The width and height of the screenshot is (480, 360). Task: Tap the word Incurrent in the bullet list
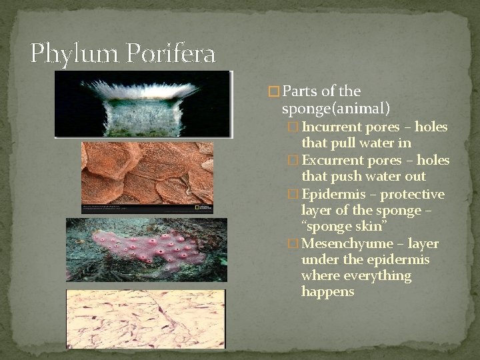point(329,127)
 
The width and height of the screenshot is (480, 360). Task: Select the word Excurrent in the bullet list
point(330,161)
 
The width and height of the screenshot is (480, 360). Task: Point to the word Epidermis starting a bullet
point(330,195)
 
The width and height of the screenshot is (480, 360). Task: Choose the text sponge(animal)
point(336,107)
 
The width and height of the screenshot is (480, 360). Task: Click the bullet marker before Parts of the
point(272,91)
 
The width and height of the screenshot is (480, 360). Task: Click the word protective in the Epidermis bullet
point(413,195)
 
